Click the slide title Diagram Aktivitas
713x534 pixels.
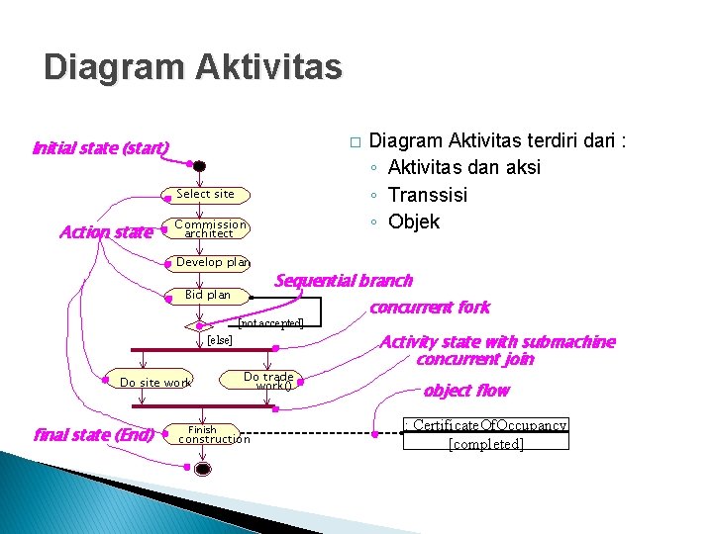193,67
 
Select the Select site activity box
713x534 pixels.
205,194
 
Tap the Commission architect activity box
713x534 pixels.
210,229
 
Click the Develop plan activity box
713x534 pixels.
212,262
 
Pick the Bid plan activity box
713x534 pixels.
208,295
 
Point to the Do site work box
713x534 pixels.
155,383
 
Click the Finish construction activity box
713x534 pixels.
214,435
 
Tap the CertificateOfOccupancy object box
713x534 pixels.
486,434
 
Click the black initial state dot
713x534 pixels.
199,166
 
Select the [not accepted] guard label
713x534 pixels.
271,323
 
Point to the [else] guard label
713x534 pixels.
219,340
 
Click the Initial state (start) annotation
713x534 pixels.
100,149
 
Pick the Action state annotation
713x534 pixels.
106,232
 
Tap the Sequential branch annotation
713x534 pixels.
343,281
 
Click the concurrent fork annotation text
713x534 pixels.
429,308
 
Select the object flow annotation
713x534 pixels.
465,391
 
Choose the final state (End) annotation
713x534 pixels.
93,434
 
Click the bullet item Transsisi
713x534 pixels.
428,195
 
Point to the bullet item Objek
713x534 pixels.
414,222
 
